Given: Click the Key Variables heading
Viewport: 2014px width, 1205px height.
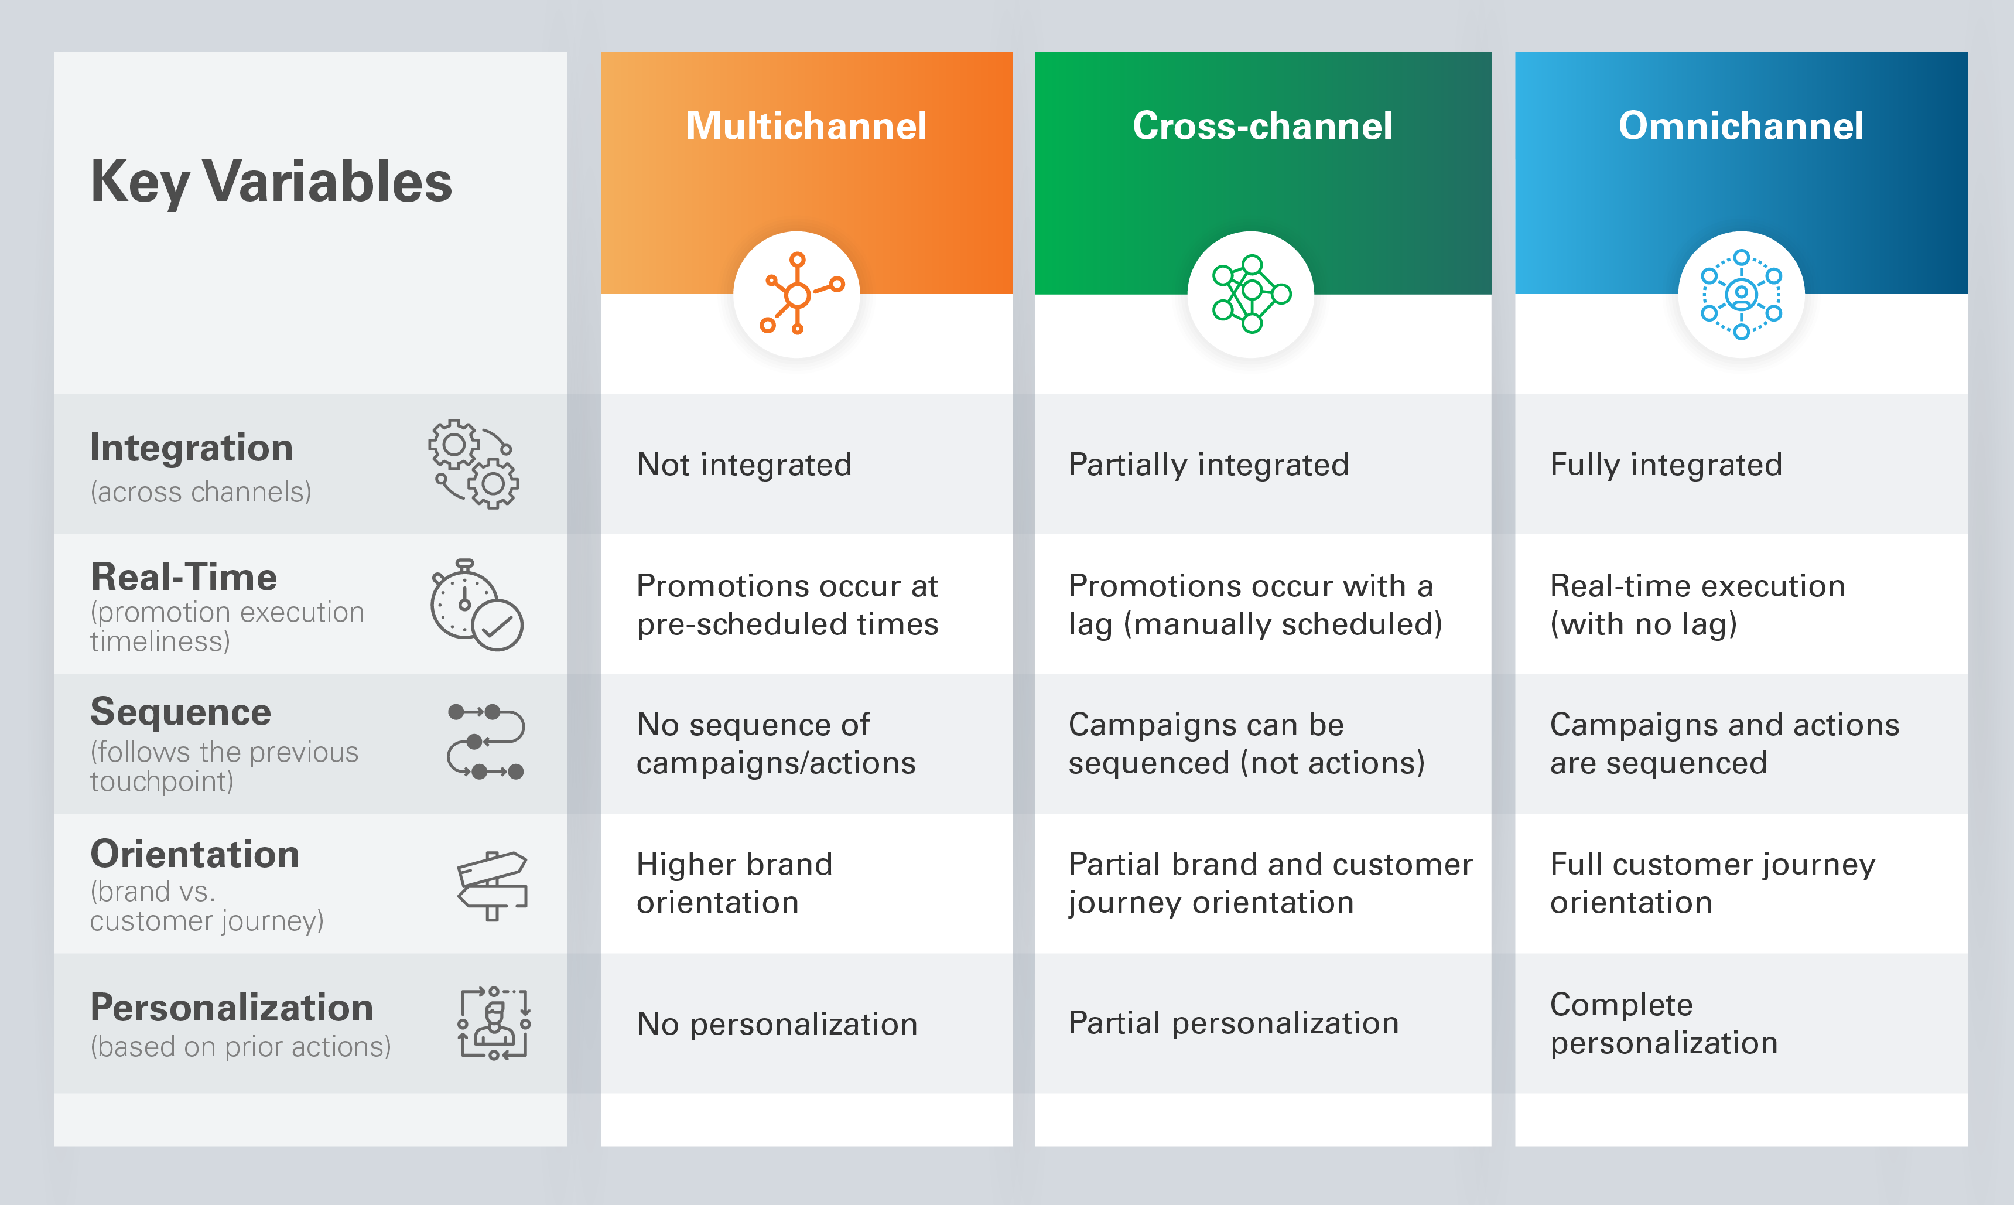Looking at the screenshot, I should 271,181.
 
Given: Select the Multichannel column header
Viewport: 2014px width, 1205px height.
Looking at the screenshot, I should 805,126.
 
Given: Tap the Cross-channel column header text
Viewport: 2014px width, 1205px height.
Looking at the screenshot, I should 1261,126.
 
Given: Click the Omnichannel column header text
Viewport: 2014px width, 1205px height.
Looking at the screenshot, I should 1741,126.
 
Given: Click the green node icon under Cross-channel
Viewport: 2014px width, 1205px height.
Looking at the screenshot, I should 1250,294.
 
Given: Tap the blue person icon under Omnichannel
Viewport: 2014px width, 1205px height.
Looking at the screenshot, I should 1741,294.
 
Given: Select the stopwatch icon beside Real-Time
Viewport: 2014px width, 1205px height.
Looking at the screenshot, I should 476,605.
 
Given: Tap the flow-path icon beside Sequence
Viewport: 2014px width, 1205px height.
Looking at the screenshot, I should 485,742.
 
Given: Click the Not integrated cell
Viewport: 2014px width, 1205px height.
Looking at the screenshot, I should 744,465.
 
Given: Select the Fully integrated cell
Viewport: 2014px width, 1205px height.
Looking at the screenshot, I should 1666,465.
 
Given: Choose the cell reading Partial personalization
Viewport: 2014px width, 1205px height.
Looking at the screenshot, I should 1233,1023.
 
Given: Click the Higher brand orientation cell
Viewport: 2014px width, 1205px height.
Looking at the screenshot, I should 734,883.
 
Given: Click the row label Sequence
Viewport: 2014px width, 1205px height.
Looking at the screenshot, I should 180,712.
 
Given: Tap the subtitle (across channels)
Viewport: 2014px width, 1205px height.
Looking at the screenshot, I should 200,492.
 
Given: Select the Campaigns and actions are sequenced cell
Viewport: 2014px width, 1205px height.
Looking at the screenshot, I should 1724,743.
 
